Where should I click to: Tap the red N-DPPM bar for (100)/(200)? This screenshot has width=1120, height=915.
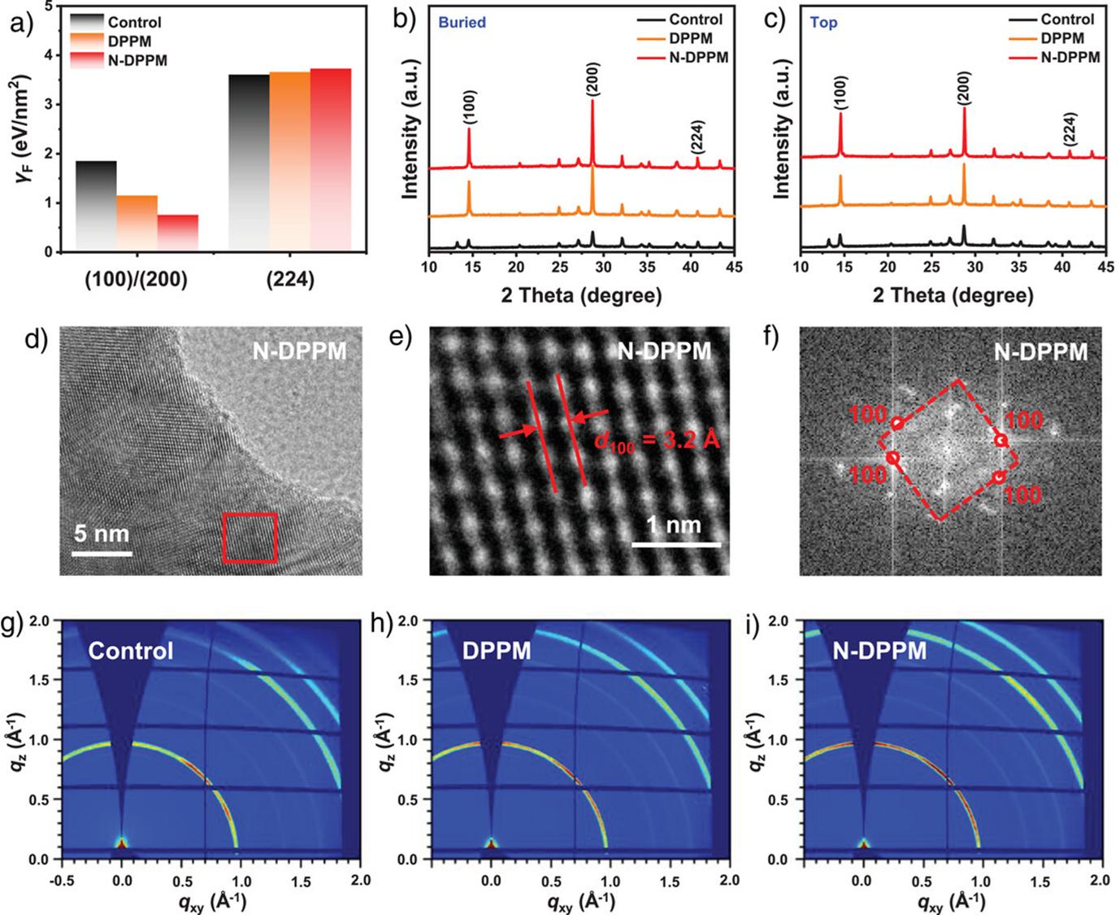[177, 232]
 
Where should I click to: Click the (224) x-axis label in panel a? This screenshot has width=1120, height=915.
[289, 281]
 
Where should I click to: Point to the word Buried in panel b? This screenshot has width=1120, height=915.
[462, 23]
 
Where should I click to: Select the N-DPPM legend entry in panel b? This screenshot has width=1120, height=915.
[698, 58]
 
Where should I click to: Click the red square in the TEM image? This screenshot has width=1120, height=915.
[250, 538]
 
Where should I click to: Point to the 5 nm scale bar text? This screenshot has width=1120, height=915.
[101, 534]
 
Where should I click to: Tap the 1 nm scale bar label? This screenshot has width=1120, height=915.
[674, 525]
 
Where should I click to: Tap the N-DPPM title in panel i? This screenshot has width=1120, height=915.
[880, 651]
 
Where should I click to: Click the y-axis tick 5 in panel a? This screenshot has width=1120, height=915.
[50, 6]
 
